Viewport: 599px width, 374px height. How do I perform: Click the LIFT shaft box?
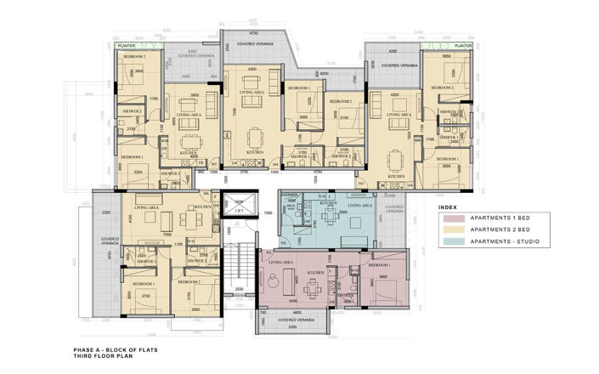[240, 209]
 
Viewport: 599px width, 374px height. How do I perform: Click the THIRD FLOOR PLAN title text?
[100, 355]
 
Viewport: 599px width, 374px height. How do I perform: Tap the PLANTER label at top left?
[128, 47]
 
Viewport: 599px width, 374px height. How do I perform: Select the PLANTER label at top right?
[463, 47]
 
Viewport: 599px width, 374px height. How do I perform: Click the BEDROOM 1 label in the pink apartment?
[380, 266]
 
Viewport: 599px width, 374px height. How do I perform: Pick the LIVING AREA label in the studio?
[360, 205]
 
